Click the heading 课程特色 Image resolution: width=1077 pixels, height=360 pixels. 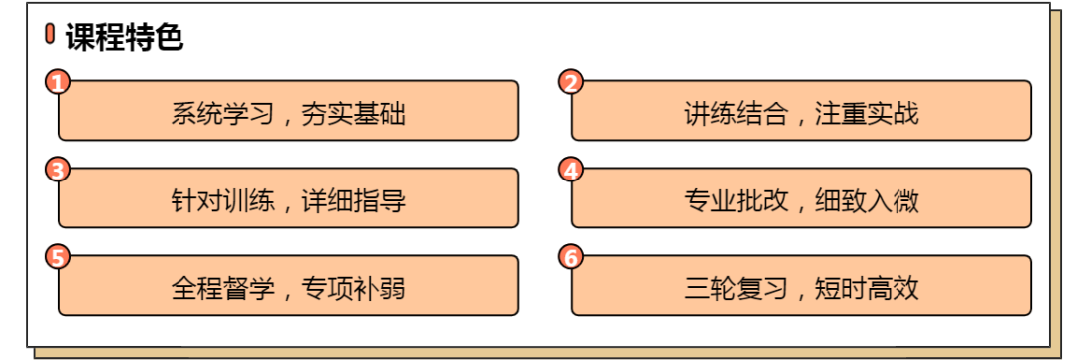(x=125, y=37)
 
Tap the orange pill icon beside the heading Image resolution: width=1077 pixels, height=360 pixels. (x=51, y=36)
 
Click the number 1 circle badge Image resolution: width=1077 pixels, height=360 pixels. (x=59, y=82)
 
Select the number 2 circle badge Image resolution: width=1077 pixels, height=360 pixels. (x=571, y=82)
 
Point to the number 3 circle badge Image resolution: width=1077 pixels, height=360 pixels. (x=59, y=170)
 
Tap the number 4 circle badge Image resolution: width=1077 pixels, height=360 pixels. (x=571, y=170)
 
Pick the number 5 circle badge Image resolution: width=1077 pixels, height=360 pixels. (x=59, y=257)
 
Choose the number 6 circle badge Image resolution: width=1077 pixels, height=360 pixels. (x=571, y=257)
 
